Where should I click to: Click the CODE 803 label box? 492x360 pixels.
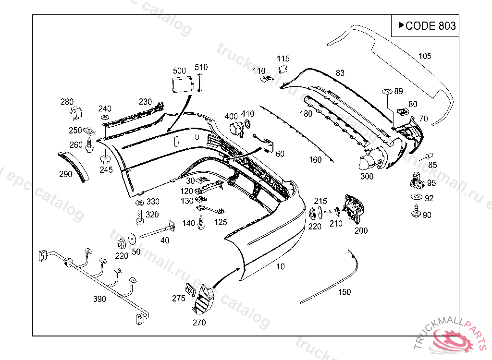(x=424, y=25)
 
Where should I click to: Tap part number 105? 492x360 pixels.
(x=425, y=56)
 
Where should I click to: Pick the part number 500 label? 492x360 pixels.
(x=179, y=71)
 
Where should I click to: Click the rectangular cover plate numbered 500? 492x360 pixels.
(x=182, y=84)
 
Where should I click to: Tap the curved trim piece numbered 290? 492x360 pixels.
(x=74, y=164)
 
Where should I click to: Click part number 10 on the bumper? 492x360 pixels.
(x=280, y=266)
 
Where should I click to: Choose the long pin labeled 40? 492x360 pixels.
(x=156, y=233)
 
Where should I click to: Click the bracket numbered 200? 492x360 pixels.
(x=354, y=209)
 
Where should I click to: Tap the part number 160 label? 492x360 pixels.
(x=315, y=160)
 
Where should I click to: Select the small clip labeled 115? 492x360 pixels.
(x=283, y=69)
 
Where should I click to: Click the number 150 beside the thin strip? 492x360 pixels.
(x=344, y=292)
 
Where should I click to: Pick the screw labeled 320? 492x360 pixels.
(x=139, y=217)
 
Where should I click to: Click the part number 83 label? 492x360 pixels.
(x=340, y=73)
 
